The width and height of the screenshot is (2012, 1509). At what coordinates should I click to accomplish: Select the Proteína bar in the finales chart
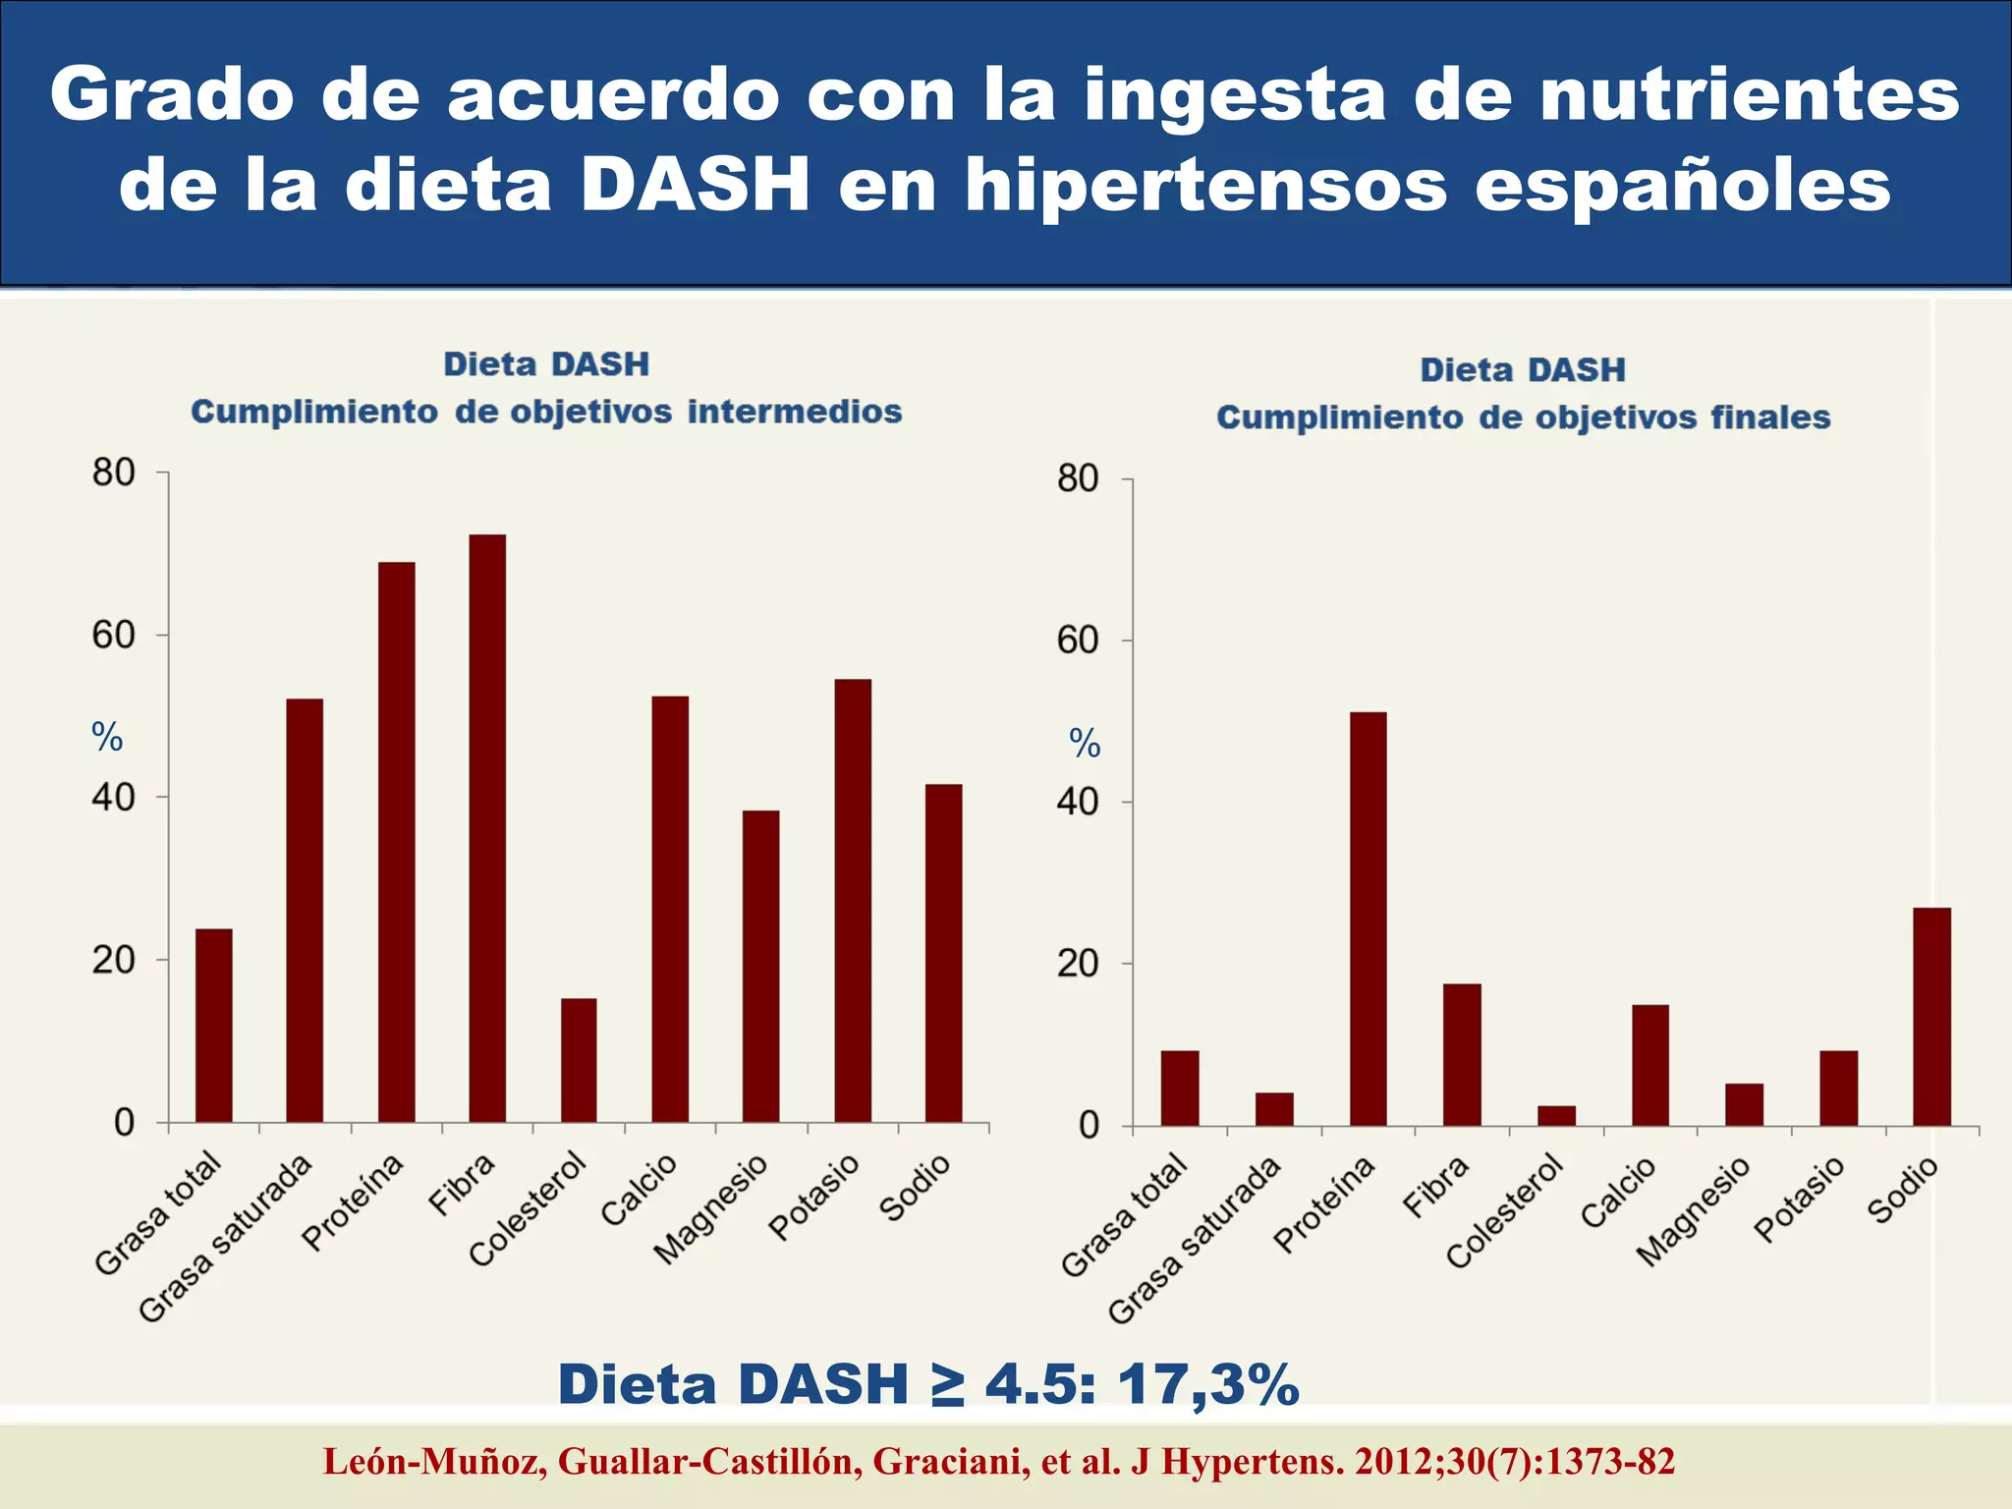tap(1368, 919)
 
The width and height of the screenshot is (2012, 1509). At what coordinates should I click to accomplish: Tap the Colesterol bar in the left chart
tap(579, 1060)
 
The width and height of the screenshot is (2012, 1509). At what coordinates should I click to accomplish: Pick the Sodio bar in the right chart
tap(1931, 1016)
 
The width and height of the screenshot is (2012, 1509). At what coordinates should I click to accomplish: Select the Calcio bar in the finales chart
tap(1650, 1065)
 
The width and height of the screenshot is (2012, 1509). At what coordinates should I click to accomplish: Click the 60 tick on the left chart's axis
tap(114, 636)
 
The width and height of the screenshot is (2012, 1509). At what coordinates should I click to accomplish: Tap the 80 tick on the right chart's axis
tap(1078, 479)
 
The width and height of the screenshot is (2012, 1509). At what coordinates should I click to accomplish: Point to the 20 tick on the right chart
tap(1078, 964)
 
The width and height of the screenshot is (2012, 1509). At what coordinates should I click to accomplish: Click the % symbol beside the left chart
tap(107, 737)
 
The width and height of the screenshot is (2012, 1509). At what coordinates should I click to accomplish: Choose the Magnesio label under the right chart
tap(1693, 1212)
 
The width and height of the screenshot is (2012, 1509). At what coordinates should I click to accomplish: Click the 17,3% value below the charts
tap(1207, 1385)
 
